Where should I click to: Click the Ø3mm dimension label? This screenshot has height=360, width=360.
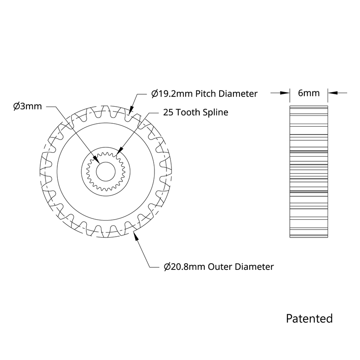point(27,106)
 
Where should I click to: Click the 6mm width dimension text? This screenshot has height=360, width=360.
point(309,93)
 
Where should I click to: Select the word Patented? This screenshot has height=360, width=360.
point(309,318)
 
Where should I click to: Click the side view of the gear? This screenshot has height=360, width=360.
point(309,172)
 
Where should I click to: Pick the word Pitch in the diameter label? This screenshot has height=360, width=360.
point(205,94)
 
